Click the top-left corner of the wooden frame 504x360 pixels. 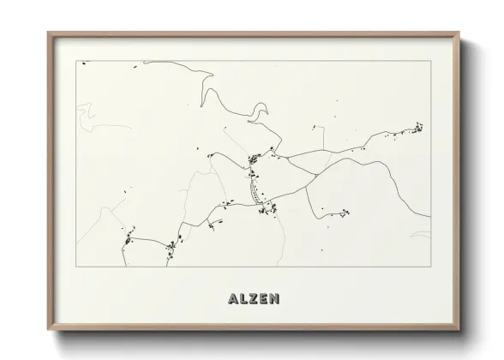[x=49, y=33]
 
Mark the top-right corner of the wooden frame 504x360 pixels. [x=459, y=33]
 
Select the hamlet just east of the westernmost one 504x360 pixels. [x=171, y=248]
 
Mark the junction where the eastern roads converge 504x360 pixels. [x=316, y=174]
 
